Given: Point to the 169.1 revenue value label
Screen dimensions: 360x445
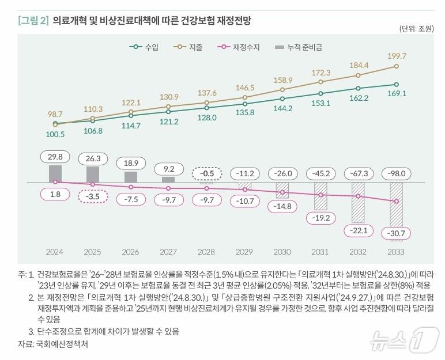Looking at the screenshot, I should tap(397, 93).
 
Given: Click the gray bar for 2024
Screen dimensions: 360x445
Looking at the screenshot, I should tap(55, 174).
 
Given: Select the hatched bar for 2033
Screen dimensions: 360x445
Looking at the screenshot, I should tap(396, 204).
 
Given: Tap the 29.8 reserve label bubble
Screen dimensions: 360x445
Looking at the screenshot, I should tap(55, 156).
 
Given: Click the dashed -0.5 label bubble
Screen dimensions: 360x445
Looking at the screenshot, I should tap(206, 173).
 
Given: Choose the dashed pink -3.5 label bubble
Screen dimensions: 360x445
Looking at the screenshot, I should tap(93, 196).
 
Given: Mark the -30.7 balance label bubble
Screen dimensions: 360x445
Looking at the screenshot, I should tap(396, 233).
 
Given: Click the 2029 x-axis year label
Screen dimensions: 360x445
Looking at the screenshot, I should tap(244, 252).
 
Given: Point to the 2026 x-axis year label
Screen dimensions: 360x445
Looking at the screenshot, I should tap(131, 252).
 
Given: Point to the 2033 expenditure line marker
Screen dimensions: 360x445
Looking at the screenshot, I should tap(396, 66).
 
